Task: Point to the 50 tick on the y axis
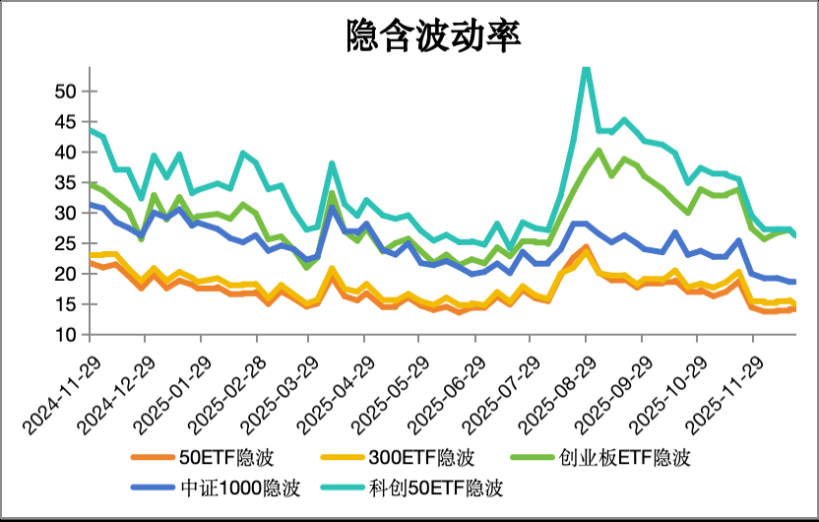pyautogui.click(x=65, y=91)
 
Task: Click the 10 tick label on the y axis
pyautogui.click(x=65, y=335)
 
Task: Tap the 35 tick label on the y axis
pyautogui.click(x=65, y=182)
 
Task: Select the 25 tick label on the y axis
pyautogui.click(x=65, y=243)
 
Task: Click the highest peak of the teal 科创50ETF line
pyautogui.click(x=586, y=67)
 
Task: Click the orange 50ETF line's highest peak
pyautogui.click(x=586, y=246)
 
